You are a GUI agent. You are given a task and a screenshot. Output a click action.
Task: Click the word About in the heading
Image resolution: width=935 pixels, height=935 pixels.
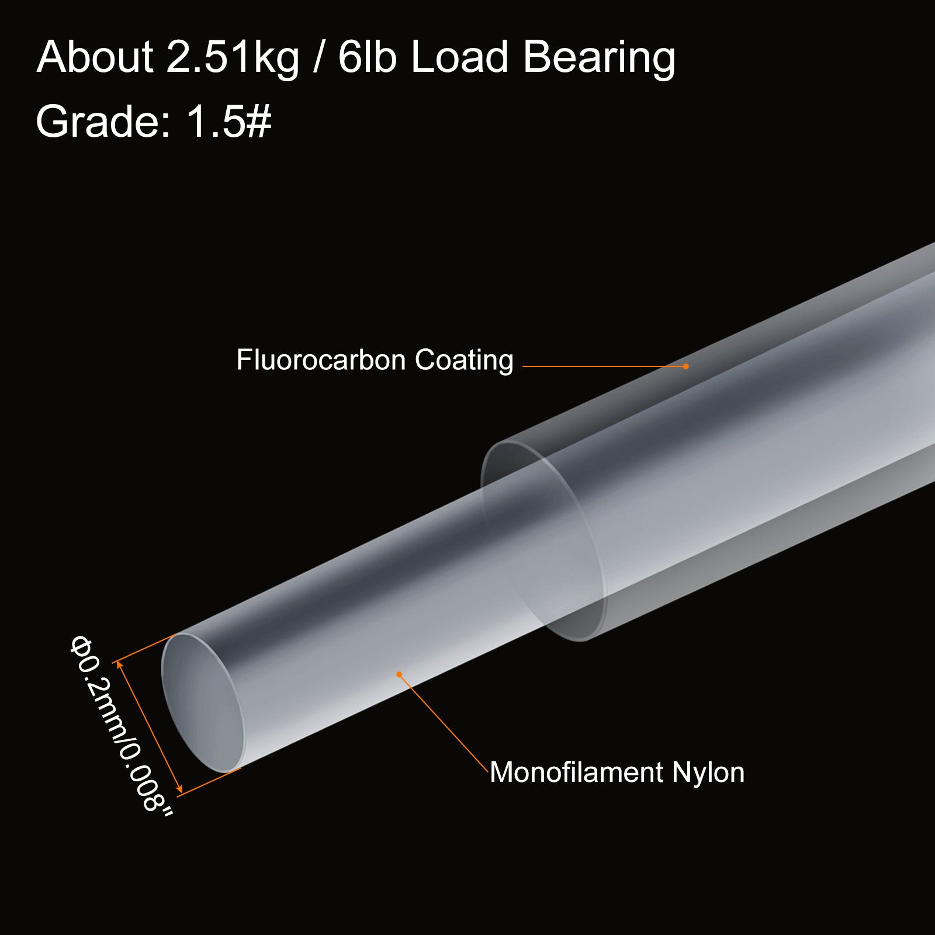coord(95,57)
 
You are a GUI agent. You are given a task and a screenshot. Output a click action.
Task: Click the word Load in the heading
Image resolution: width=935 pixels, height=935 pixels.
coord(460,57)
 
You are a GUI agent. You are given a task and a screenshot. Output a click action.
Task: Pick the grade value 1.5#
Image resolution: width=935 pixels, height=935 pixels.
coord(228,122)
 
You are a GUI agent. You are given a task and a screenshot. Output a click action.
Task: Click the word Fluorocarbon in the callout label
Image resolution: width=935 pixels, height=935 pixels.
coord(321,360)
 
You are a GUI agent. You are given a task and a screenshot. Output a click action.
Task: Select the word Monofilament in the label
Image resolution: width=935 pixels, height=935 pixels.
coord(577,772)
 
